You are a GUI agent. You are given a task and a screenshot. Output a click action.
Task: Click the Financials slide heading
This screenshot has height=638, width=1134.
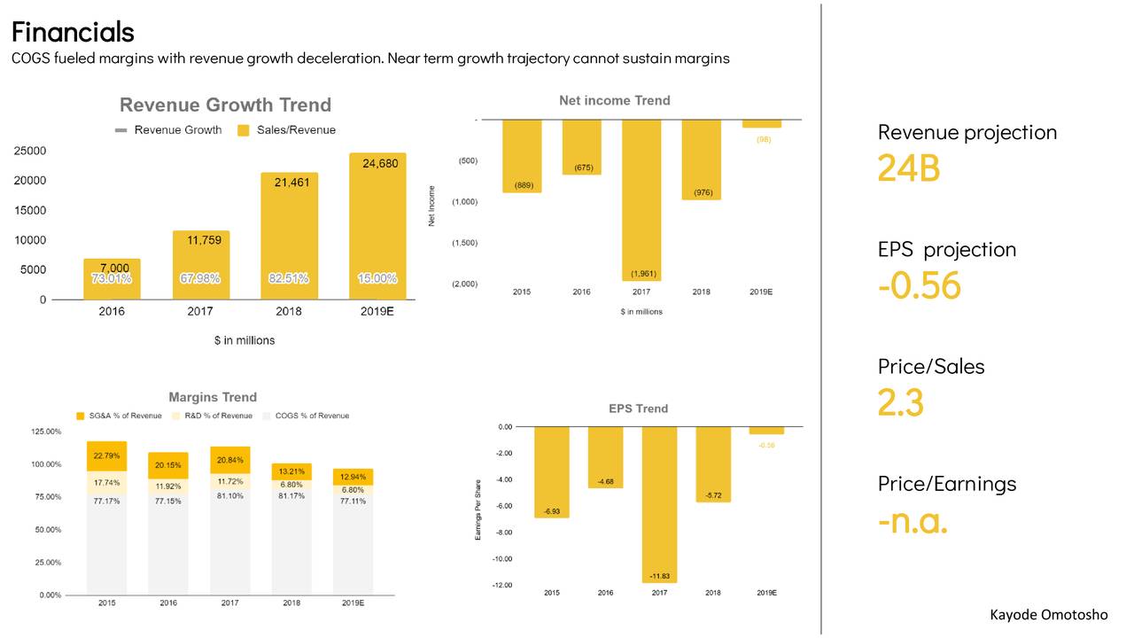tap(73, 32)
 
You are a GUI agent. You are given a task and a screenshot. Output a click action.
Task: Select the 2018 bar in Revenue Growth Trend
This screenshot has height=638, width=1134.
tap(289, 235)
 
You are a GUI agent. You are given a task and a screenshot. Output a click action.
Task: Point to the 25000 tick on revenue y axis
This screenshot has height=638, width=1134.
tap(30, 151)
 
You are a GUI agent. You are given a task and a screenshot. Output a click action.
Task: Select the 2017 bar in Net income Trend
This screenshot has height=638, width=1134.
tap(641, 199)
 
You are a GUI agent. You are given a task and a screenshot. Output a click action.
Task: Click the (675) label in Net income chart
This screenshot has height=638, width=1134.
tap(582, 167)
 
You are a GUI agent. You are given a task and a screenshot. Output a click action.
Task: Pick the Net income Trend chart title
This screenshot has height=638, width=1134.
tap(614, 101)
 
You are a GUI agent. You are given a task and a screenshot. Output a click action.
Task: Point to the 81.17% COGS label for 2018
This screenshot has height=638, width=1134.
tap(291, 496)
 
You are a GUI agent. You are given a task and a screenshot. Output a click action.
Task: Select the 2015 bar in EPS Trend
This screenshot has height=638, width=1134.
tap(551, 471)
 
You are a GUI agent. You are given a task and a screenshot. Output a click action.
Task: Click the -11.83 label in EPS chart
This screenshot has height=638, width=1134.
tap(659, 576)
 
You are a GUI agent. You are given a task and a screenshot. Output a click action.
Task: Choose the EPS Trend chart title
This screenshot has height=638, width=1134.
tap(638, 408)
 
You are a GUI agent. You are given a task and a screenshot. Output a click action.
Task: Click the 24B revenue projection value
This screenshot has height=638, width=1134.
tap(908, 167)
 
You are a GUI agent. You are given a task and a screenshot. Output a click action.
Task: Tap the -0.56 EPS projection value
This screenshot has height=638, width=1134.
tap(919, 285)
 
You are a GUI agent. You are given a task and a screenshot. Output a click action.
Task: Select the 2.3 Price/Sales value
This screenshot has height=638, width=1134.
tap(900, 402)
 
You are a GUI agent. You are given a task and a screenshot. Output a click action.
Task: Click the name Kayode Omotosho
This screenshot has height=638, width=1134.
tap(1048, 615)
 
